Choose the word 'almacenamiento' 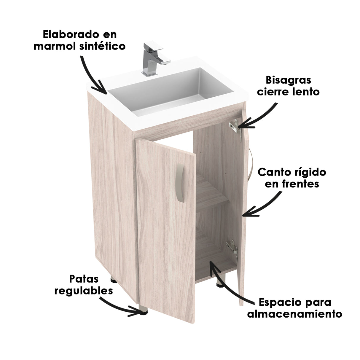294,313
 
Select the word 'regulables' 84,291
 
